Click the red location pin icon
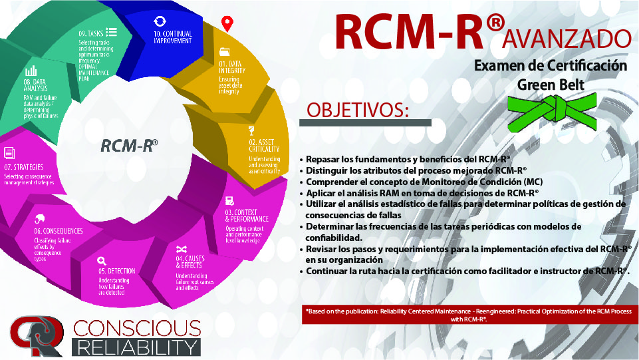[227, 24]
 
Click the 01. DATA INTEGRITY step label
[232, 67]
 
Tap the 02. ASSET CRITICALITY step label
[261, 146]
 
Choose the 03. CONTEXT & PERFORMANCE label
[247, 215]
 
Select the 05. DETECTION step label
[116, 271]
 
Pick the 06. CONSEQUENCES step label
[59, 231]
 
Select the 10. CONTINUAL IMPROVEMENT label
[174, 37]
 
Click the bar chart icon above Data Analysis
[31, 70]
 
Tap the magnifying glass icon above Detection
[101, 261]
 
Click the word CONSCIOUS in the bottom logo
[137, 327]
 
